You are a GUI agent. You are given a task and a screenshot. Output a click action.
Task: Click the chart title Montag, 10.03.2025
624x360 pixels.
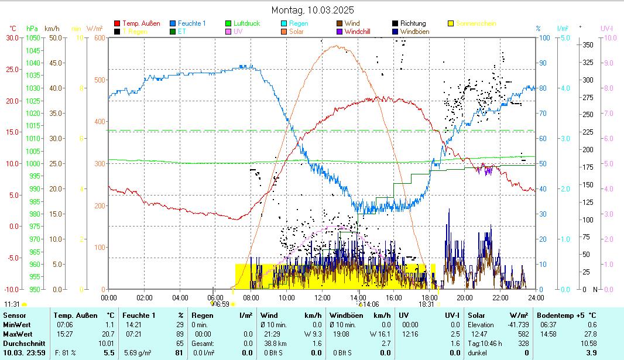click(313, 10)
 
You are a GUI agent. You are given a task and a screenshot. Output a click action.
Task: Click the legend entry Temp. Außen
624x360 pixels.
click(141, 23)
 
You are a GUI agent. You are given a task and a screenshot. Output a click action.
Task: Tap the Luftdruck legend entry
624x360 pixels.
click(246, 23)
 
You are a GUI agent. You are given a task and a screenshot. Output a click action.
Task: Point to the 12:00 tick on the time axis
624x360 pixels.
click(322, 297)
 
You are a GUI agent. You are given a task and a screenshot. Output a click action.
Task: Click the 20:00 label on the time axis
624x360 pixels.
click(465, 297)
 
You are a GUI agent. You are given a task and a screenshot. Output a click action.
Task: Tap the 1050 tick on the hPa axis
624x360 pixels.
click(33, 37)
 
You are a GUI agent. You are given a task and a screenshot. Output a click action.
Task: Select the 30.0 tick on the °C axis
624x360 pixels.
click(12, 37)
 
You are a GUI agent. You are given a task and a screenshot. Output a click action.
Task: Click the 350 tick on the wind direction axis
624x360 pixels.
click(588, 44)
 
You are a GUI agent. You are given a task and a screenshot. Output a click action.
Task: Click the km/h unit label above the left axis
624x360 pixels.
click(52, 28)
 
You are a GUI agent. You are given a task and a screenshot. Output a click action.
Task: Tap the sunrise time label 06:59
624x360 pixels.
click(220, 304)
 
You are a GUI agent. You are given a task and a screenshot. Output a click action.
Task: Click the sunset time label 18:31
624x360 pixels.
click(426, 304)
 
